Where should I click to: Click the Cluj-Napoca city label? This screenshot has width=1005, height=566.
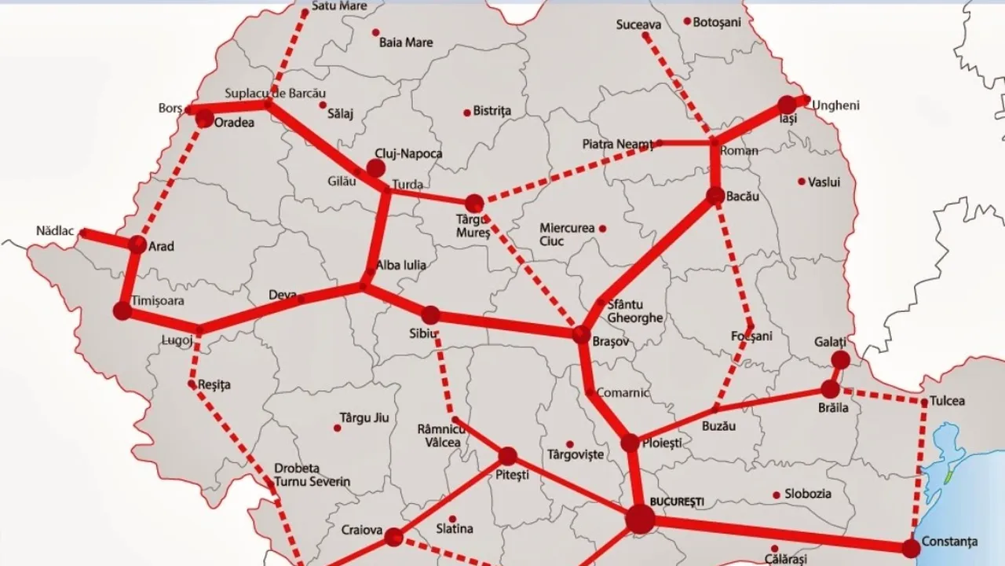pyautogui.click(x=408, y=154)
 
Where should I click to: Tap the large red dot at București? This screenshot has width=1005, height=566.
pyautogui.click(x=640, y=519)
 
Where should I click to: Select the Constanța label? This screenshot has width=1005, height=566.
pyautogui.click(x=950, y=542)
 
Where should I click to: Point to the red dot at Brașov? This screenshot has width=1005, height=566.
pyautogui.click(x=581, y=335)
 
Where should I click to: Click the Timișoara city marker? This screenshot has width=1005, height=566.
pyautogui.click(x=122, y=311)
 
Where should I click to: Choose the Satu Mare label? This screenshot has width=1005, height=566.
pyautogui.click(x=339, y=6)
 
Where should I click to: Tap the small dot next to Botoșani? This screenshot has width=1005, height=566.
pyautogui.click(x=687, y=21)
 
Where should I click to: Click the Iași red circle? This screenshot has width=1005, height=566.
pyautogui.click(x=787, y=105)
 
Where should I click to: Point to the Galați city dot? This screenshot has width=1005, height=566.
pyautogui.click(x=840, y=360)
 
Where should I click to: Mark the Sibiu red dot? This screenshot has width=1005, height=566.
pyautogui.click(x=430, y=315)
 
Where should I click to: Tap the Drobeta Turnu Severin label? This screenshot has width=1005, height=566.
pyautogui.click(x=312, y=474)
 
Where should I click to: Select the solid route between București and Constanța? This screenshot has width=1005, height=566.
pyautogui.click(x=777, y=532)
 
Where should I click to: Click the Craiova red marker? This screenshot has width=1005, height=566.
pyautogui.click(x=393, y=537)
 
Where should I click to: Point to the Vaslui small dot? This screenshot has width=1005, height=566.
pyautogui.click(x=802, y=182)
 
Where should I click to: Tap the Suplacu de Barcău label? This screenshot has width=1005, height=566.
pyautogui.click(x=275, y=94)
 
